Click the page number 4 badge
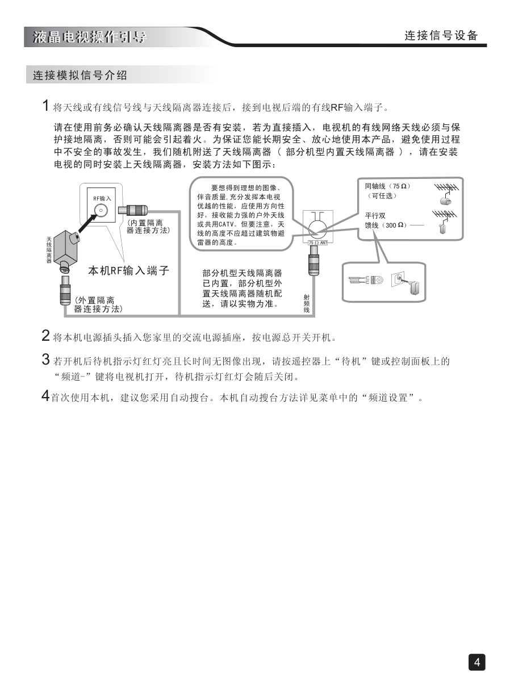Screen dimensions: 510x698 click(476, 662)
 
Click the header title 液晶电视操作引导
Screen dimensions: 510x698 click(90, 37)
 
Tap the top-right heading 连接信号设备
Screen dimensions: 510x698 click(441, 36)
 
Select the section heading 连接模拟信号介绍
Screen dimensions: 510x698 click(80, 75)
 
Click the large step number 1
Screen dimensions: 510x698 click(45, 106)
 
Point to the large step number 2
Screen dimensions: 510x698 click(45, 336)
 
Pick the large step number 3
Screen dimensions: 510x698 click(45, 360)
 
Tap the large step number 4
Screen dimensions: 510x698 click(45, 396)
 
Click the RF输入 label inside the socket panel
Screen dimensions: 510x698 click(102, 198)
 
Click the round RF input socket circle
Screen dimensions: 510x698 click(101, 210)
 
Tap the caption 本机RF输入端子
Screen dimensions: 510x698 click(129, 270)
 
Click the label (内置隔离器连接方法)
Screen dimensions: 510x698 click(148, 227)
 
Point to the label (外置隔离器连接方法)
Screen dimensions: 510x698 click(98, 305)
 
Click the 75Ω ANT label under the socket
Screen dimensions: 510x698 click(318, 243)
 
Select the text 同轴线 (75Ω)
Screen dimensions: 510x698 click(387, 186)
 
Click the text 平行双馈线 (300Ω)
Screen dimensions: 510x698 click(386, 220)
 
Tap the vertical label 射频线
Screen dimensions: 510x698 click(307, 303)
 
